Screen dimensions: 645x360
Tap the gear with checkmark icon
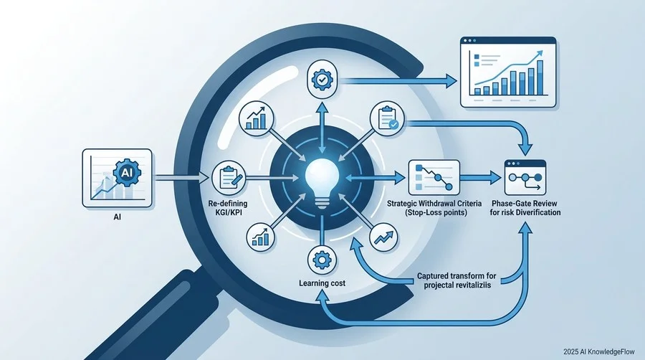click(x=322, y=80)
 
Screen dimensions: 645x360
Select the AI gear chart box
click(x=118, y=178)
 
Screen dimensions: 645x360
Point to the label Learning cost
click(x=322, y=283)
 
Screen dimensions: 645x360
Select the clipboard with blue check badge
click(x=387, y=119)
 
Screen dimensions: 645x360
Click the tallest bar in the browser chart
click(x=540, y=77)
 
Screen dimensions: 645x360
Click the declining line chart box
click(x=434, y=178)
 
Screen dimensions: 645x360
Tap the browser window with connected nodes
click(x=525, y=177)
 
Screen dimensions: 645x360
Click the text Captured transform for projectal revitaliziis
click(x=457, y=280)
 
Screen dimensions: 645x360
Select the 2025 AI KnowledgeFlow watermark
click(x=599, y=352)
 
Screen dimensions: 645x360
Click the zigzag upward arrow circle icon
click(x=383, y=237)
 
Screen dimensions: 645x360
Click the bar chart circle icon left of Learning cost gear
click(x=260, y=237)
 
